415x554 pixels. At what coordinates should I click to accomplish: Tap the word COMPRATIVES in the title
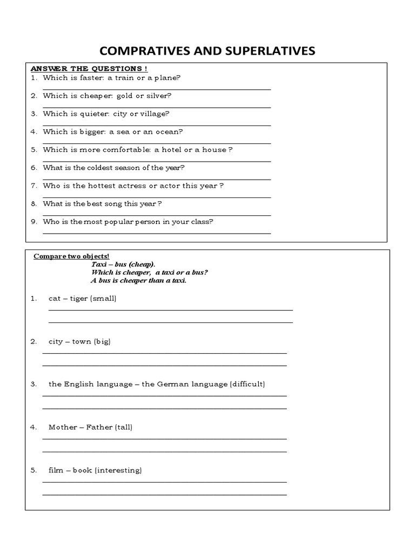(140, 51)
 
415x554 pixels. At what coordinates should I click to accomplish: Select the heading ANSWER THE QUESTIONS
(89, 69)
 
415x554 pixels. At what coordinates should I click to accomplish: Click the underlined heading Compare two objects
(72, 256)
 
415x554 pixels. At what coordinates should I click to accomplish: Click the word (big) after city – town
(102, 341)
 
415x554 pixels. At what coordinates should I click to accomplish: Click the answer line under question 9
(157, 233)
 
